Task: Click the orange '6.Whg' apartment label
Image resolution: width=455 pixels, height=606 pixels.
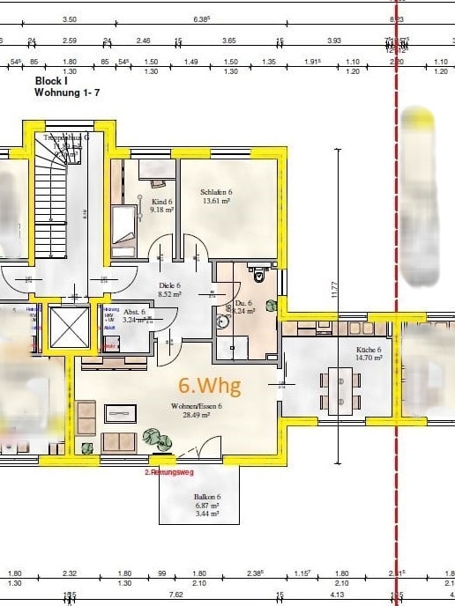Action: (209, 385)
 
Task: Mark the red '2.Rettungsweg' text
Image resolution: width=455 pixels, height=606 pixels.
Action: (170, 472)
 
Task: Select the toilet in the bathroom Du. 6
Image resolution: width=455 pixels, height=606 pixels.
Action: (258, 276)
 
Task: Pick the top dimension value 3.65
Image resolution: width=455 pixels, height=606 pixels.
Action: (229, 41)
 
